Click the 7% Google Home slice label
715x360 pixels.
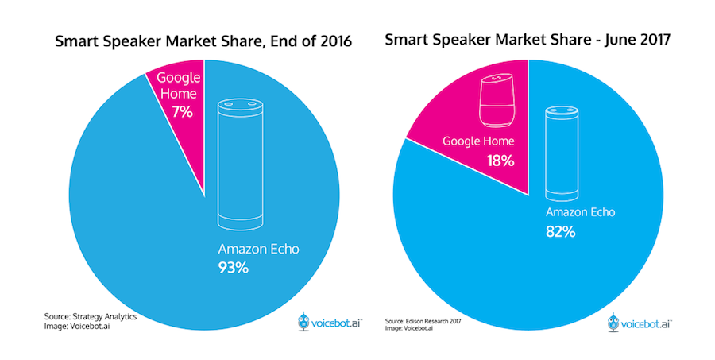[182, 111]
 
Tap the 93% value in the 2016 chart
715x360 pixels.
[233, 267]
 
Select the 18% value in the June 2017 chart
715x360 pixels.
[500, 161]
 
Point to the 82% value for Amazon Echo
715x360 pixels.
[560, 232]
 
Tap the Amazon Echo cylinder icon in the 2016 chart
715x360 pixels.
[240, 163]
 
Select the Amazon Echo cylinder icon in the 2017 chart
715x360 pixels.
[562, 153]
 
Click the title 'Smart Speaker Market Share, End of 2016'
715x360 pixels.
[203, 41]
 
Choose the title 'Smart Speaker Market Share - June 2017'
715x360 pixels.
[528, 40]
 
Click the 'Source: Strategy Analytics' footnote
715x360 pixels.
[91, 316]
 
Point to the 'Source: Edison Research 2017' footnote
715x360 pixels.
[423, 321]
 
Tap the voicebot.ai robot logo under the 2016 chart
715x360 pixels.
[303, 322]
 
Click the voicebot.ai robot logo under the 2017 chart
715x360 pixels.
[614, 323]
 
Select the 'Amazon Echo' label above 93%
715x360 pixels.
[258, 249]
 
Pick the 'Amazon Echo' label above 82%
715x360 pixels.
[581, 212]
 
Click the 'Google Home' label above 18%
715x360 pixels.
[478, 141]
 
